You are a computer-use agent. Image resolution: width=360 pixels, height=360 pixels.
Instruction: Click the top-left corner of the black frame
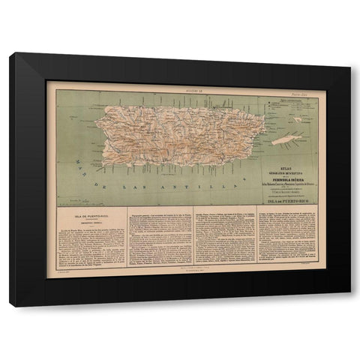point(11,54)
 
